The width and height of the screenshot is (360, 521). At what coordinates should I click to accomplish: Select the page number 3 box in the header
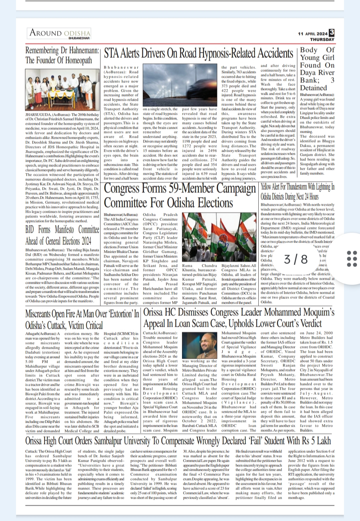[x=331, y=33]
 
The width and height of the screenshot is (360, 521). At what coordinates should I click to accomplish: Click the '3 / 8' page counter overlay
[x=296, y=259]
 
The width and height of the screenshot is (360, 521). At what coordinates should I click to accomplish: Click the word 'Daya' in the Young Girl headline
[x=308, y=73]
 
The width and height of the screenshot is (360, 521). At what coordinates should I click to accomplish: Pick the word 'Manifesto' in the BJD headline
[x=65, y=230]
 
